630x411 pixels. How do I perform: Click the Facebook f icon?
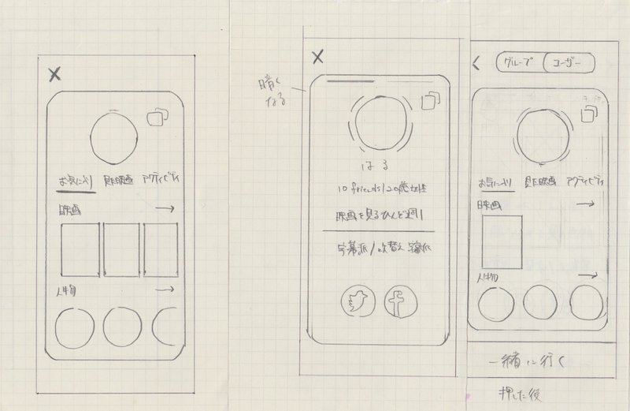[398, 301]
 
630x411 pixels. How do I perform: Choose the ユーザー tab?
[568, 64]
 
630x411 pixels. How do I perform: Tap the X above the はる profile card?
[317, 56]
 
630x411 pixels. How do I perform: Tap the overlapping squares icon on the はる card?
[430, 102]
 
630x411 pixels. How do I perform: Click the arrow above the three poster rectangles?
[166, 209]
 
